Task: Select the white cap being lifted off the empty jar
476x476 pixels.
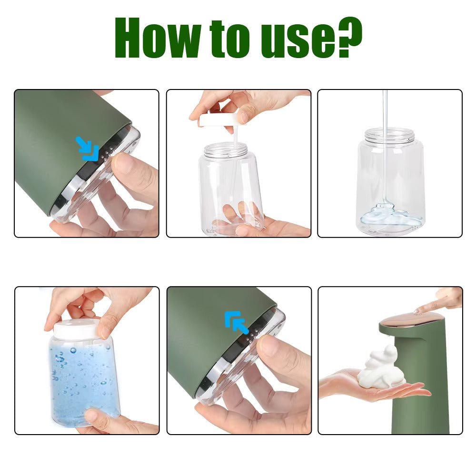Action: pyautogui.click(x=219, y=120)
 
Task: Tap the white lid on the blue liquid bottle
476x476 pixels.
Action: pyautogui.click(x=76, y=329)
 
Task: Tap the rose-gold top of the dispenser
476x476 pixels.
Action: pyautogui.click(x=409, y=321)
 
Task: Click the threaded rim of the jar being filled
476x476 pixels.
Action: pyautogui.click(x=389, y=135)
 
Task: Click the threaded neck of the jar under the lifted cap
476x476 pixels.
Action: pyautogui.click(x=226, y=150)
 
